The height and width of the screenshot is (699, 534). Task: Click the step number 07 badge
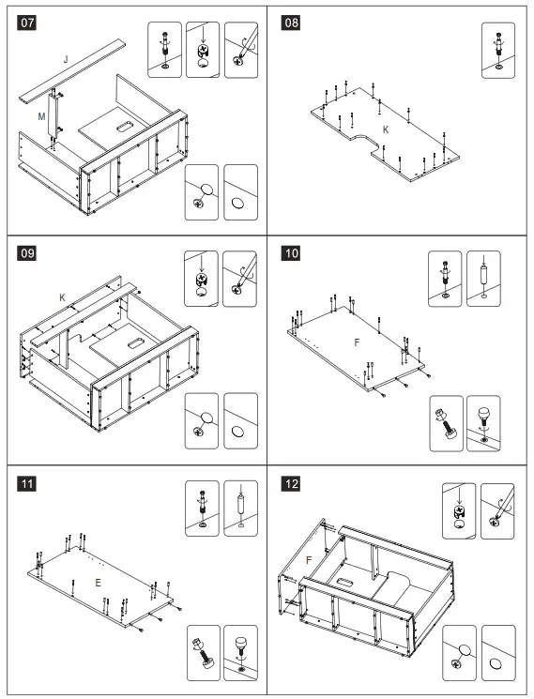point(26,23)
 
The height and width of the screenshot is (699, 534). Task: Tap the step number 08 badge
point(291,23)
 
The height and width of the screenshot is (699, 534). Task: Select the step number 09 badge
point(26,253)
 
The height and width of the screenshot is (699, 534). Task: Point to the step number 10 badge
point(291,253)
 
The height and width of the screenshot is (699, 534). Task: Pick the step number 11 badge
point(26,484)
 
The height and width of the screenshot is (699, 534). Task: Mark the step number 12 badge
point(291,484)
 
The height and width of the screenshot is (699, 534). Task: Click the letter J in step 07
point(66,59)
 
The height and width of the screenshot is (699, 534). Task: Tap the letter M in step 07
point(41,116)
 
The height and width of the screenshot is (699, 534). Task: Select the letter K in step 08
point(386,129)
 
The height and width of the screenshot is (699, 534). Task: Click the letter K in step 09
point(62,297)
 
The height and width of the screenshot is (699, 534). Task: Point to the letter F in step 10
point(357,342)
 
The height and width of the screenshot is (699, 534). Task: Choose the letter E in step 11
point(98,583)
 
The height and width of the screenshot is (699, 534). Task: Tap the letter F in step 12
point(309,560)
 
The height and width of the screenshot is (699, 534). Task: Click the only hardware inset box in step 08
point(498,51)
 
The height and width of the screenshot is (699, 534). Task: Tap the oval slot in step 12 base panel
point(344,582)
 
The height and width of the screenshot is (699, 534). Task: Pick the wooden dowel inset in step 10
point(483,279)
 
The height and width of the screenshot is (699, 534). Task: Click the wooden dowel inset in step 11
point(240,509)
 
